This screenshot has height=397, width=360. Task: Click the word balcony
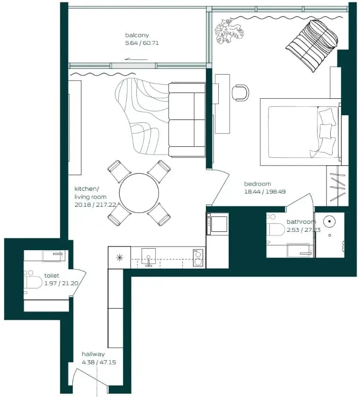pos(137,35)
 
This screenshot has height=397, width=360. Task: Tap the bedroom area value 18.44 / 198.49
pos(265,192)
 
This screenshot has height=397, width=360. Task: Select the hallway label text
pos(93,354)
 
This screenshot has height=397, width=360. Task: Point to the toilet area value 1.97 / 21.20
pos(61,283)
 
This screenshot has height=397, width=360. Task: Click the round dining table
pos(139,193)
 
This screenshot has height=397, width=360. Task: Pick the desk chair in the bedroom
pos(240,93)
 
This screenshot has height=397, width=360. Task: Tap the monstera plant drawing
pos(229,31)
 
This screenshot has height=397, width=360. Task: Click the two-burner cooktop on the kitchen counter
pos(198,258)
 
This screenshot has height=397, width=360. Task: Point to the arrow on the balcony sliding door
pos(136,60)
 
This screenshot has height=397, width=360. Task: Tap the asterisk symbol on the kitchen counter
pos(120,258)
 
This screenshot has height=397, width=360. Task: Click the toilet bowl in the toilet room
pos(33,282)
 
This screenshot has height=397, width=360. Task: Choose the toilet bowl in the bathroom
pos(276,229)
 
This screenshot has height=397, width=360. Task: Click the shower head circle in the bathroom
pos(330,221)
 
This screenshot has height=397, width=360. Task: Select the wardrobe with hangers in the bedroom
pos(337,186)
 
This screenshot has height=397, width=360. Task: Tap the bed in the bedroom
pos(301,132)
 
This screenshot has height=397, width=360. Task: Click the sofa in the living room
pos(187,120)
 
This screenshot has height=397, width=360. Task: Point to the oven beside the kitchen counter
pos(217,224)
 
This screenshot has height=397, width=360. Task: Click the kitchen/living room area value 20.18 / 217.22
pos(95,205)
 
